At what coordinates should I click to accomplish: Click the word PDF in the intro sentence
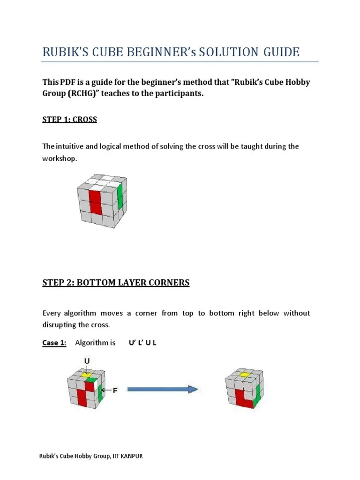[67, 82]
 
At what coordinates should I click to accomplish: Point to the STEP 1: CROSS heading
[69, 119]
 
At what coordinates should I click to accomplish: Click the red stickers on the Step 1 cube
[96, 201]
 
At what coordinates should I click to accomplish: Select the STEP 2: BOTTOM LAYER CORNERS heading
[116, 282]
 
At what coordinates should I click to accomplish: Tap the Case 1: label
[54, 343]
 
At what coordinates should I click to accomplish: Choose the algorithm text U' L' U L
[142, 343]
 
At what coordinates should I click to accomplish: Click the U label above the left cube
[87, 360]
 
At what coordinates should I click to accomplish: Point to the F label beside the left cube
[115, 390]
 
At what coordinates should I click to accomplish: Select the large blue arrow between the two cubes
[162, 389]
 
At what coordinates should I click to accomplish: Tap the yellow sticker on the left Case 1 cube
[87, 374]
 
